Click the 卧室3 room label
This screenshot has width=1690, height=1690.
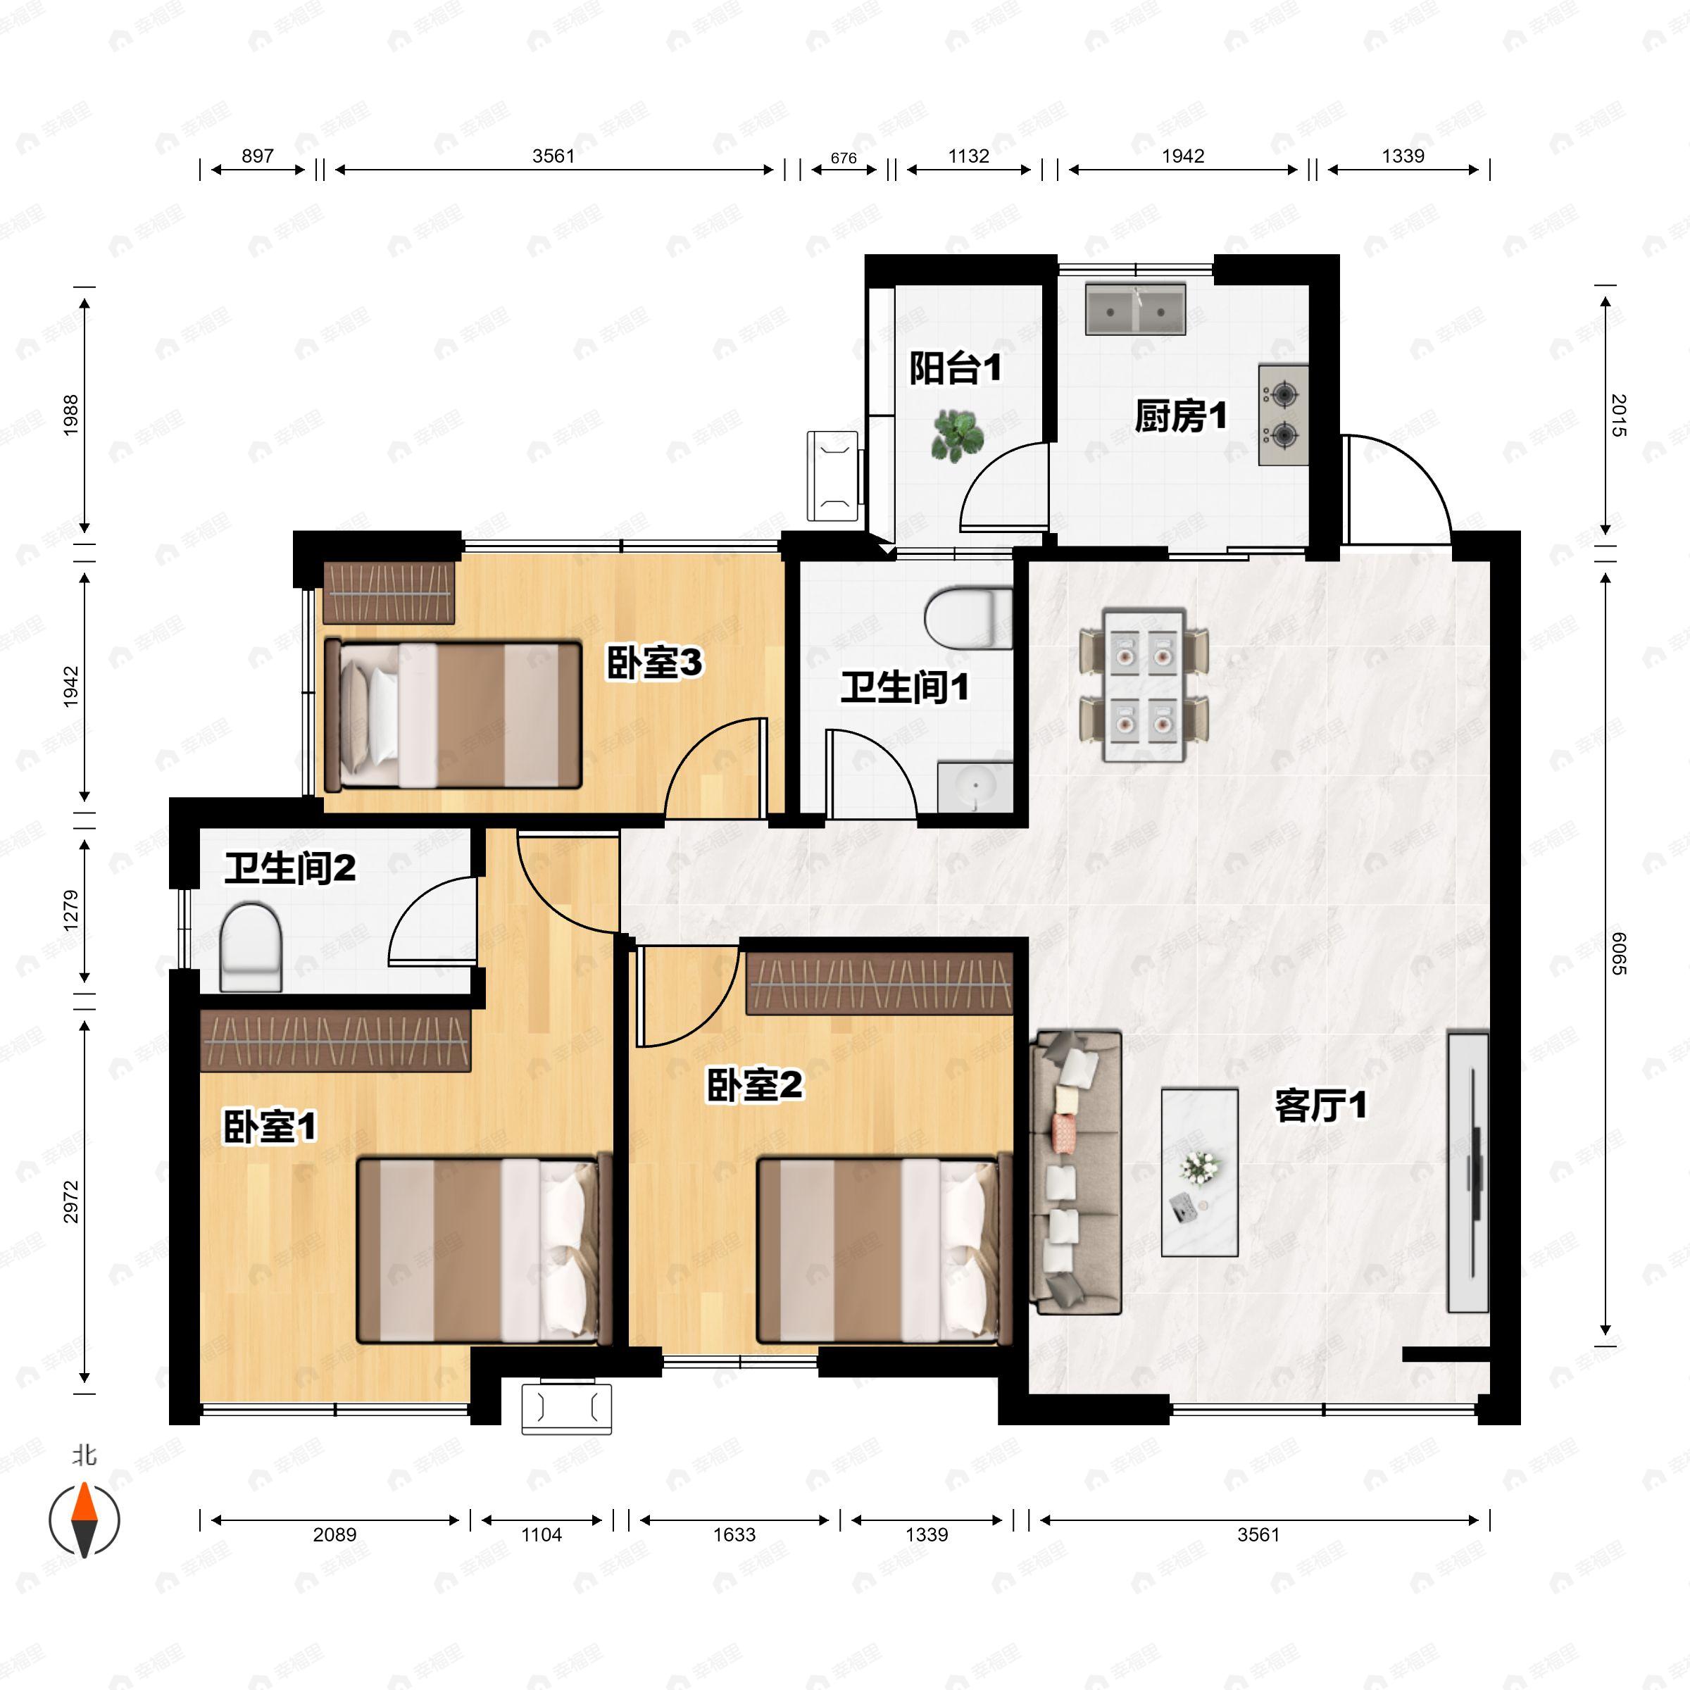pos(654,664)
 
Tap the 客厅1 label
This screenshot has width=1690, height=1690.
pos(1321,1106)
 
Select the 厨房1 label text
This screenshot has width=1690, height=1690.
pos(1181,416)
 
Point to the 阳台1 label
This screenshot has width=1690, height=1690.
pos(956,368)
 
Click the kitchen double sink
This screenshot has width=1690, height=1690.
pos(1135,308)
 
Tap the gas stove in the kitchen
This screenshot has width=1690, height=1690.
pos(1283,415)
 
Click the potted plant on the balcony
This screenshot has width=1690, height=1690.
pos(957,434)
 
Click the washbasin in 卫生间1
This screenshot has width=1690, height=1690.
pos(975,787)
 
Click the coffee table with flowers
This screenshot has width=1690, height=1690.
pos(1199,1172)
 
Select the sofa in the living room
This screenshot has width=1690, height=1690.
pos(1076,1172)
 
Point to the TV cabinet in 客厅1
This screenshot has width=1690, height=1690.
pos(1467,1172)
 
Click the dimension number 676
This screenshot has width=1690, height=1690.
pos(844,158)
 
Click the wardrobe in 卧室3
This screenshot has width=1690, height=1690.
pos(389,592)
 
